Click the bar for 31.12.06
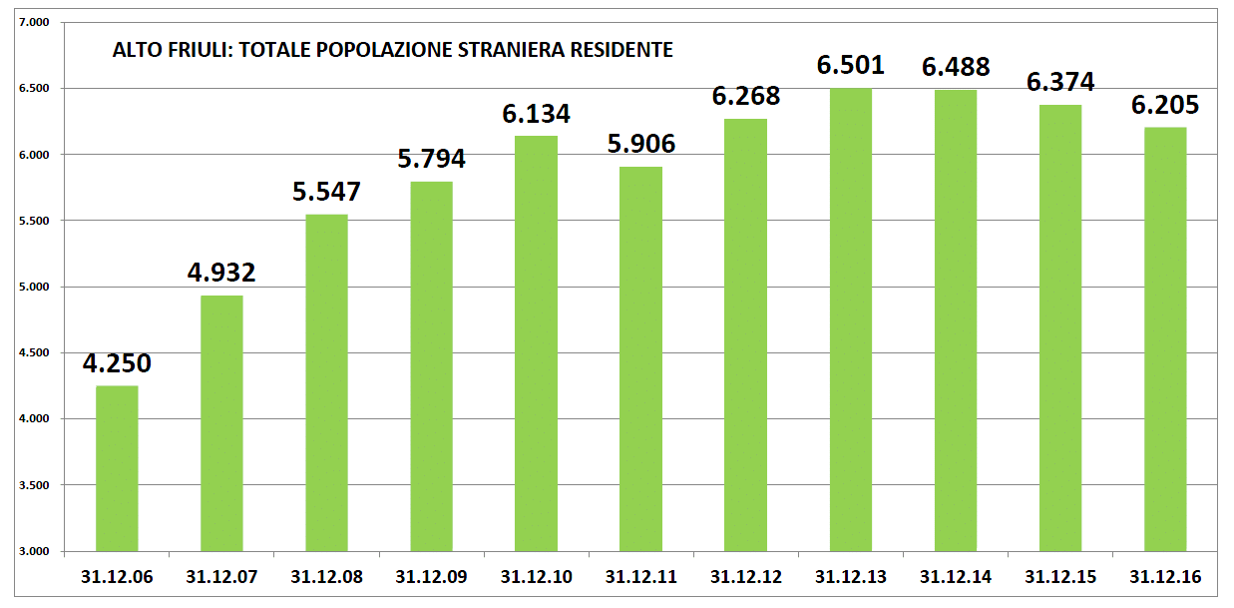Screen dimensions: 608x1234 point(117,468)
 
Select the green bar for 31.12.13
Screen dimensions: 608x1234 point(850,319)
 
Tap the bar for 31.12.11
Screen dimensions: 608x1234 point(640,358)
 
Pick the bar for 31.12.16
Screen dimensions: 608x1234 point(1165,338)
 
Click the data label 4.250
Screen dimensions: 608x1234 point(117,364)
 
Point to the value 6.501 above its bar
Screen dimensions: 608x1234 point(850,66)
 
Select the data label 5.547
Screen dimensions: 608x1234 point(326,192)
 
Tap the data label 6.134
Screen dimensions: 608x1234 point(536,114)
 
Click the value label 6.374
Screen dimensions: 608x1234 point(1060,82)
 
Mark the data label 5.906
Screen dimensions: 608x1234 point(640,145)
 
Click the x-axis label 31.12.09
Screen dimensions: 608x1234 point(431,577)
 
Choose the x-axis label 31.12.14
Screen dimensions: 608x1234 point(956,577)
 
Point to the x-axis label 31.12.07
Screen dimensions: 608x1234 point(221,577)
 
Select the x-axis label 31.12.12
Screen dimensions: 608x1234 point(745,577)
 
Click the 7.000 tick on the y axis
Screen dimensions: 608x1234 point(34,22)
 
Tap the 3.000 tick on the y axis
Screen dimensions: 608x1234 point(34,551)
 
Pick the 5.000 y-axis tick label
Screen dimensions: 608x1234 point(34,287)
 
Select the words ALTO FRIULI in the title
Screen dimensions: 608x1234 point(155,49)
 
